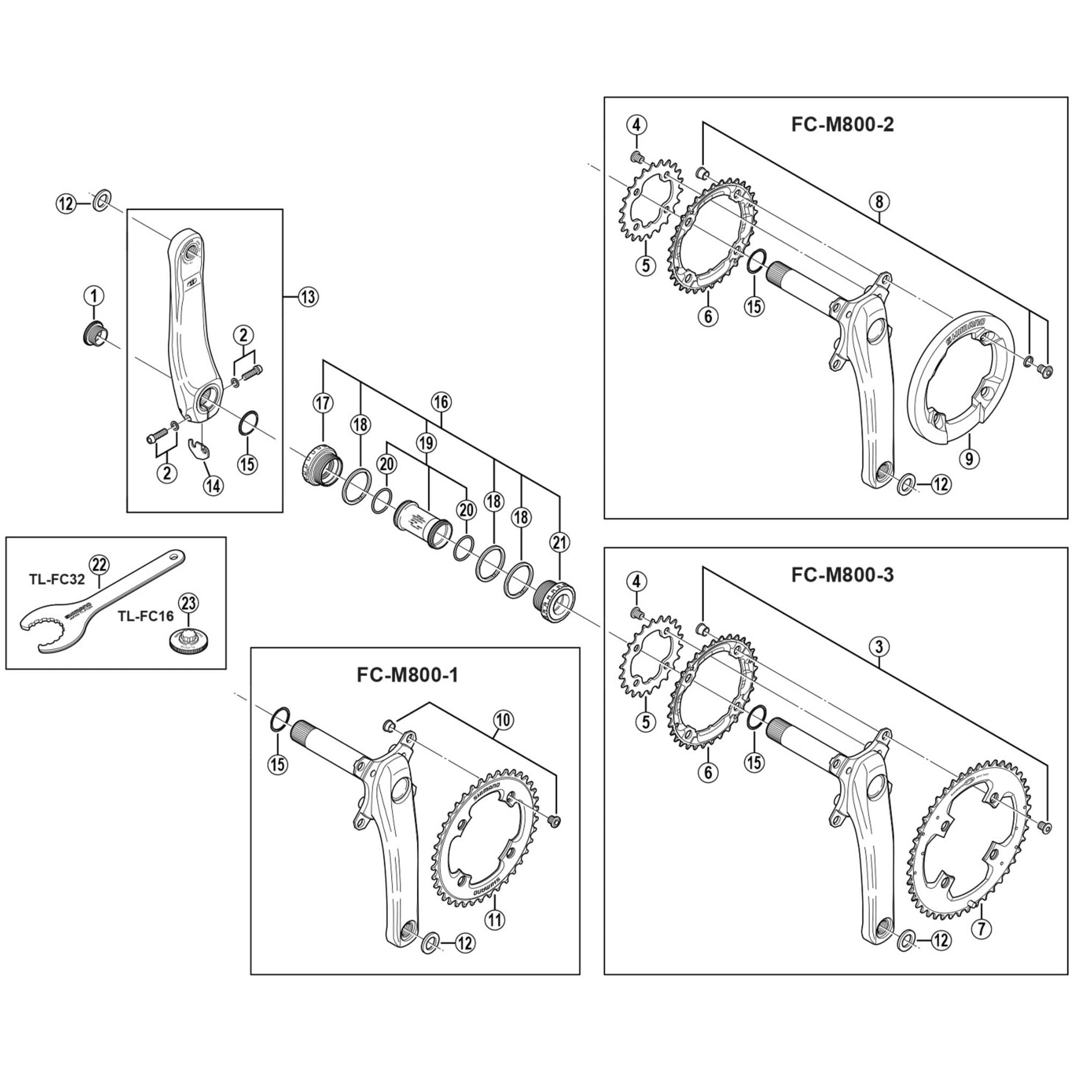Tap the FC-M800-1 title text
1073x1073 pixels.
[x=407, y=675]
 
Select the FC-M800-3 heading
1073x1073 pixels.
[x=842, y=575]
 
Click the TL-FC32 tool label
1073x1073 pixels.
[x=57, y=580]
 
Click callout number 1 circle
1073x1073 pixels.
[x=94, y=295]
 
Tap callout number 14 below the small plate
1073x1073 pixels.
[x=212, y=486]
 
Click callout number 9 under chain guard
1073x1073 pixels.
[x=968, y=458]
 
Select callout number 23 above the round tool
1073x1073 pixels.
[x=188, y=602]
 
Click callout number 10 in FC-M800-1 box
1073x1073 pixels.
[x=504, y=720]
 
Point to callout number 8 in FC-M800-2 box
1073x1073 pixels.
[x=879, y=202]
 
